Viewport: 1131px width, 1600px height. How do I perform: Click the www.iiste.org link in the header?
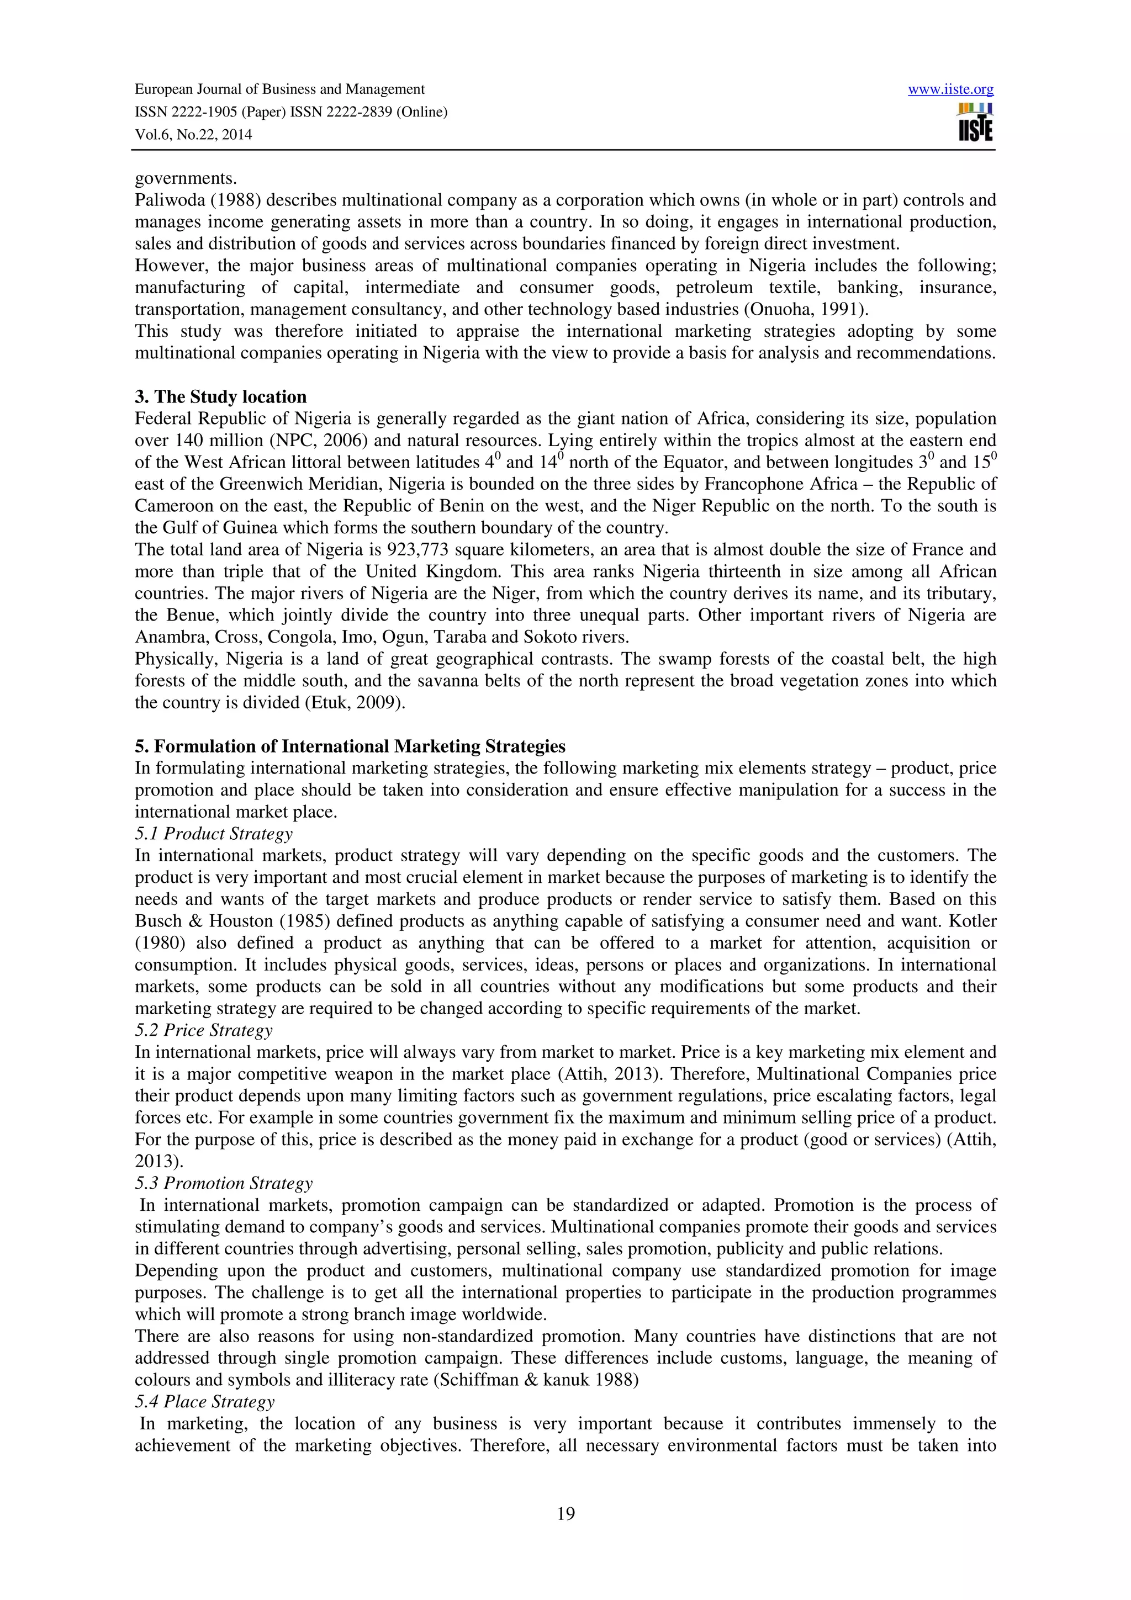click(950, 89)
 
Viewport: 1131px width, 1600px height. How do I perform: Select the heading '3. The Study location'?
click(220, 396)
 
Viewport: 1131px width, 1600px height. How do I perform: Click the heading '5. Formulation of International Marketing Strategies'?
click(350, 746)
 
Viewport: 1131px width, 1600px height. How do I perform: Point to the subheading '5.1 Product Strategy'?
click(213, 834)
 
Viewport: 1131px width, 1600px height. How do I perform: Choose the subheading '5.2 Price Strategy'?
click(203, 1030)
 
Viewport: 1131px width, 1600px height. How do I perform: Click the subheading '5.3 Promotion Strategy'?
click(224, 1183)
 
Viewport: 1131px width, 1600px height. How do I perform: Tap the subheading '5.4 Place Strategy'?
click(204, 1401)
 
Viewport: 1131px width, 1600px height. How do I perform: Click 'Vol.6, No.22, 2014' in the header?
click(193, 135)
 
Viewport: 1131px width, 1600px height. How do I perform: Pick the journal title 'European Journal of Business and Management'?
click(279, 89)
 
